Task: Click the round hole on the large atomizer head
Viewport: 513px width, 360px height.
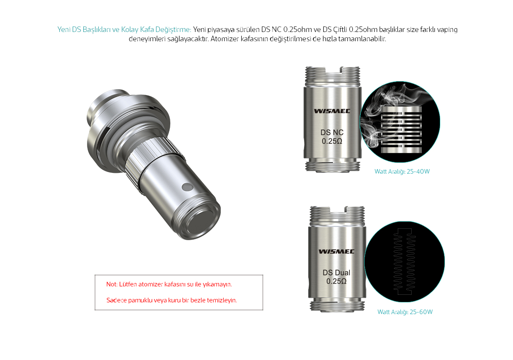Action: pos(188,187)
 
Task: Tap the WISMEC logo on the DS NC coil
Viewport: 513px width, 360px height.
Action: pos(332,111)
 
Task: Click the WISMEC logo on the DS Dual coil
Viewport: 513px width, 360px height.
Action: pos(336,251)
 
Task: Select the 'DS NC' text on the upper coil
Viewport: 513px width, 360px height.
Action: pos(332,132)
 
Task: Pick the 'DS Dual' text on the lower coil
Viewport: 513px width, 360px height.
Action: pos(336,273)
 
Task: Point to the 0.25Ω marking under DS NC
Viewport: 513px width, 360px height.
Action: pos(332,141)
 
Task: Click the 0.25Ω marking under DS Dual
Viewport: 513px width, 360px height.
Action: pos(336,281)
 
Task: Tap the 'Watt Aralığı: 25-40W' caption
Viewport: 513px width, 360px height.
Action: pos(402,172)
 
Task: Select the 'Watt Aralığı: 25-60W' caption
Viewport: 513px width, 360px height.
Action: pos(405,312)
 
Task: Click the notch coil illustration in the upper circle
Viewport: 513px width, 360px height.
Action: pos(401,130)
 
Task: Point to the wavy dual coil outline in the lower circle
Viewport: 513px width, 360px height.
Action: pos(405,262)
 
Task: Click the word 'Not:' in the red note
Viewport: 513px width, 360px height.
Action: pos(112,284)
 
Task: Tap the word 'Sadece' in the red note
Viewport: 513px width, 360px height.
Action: pos(116,300)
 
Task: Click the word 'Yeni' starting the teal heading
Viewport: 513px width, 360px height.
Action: pos(63,29)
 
